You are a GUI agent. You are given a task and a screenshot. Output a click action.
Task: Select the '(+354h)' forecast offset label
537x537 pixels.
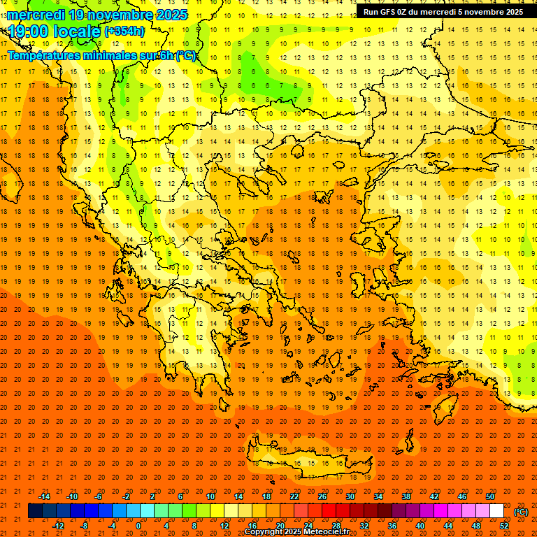point(124,31)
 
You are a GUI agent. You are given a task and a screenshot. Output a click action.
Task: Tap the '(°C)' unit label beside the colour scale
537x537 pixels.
point(521,512)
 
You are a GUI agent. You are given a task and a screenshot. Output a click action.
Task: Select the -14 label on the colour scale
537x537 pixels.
point(44,496)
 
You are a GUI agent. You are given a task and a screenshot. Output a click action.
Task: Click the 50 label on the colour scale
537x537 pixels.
point(490,496)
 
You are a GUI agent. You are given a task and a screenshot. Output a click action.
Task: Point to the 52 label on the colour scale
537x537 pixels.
point(504,525)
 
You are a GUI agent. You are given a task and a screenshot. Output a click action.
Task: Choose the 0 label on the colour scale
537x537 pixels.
point(138,525)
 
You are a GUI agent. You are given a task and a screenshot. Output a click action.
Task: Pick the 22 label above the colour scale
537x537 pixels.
point(294,496)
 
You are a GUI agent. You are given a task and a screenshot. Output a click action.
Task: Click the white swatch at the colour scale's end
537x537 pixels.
point(497,511)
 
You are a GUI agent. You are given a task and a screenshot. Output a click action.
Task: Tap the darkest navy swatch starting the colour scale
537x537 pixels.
point(35,511)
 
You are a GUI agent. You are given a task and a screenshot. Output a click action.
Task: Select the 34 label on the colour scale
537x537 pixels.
point(378,496)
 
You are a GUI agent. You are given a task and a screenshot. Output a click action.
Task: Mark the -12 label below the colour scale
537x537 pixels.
point(58,525)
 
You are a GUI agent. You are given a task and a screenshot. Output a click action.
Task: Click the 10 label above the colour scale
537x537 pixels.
point(210,496)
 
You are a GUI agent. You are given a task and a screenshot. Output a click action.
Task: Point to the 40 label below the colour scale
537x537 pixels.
point(420,525)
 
